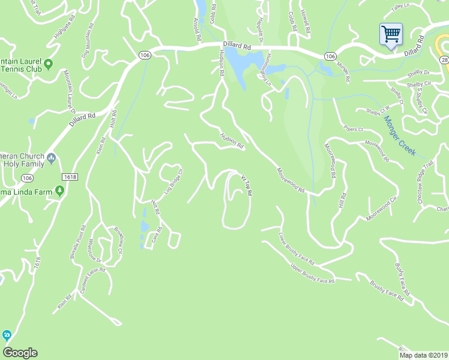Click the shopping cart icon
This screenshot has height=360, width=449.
click(391, 34)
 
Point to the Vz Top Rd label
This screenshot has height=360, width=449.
click(246, 185)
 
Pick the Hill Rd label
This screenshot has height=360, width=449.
click(343, 201)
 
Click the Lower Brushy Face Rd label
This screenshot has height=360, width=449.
click(297, 249)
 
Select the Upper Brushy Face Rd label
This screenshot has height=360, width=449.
click(312, 273)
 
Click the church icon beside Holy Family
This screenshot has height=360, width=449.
click(52, 158)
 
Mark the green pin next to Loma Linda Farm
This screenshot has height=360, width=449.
click(59, 191)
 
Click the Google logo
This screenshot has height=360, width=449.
click(20, 353)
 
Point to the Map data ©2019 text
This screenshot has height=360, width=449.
click(423, 355)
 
